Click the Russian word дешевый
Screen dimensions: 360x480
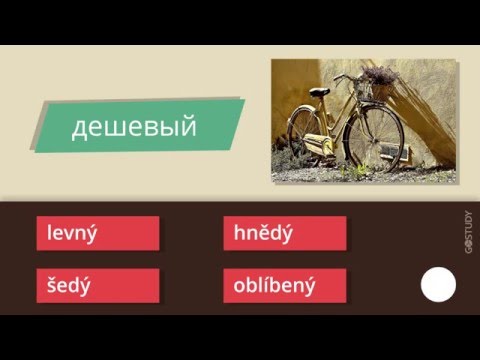[x=132, y=128]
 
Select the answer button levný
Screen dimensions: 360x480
[x=97, y=233]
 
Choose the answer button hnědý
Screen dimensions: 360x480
[x=284, y=233]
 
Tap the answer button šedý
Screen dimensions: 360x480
[x=97, y=285]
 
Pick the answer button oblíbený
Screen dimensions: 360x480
[x=284, y=285]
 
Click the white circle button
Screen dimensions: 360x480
[x=438, y=286]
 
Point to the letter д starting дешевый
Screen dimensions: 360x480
[x=78, y=129]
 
